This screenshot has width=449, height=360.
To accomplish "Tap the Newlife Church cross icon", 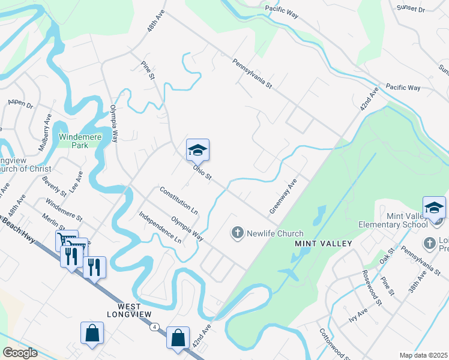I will [x=238, y=233].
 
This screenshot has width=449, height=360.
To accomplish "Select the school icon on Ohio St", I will [x=197, y=150].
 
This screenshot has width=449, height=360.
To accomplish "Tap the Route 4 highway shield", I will [x=155, y=327].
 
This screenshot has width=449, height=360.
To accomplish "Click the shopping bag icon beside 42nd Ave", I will [x=178, y=337].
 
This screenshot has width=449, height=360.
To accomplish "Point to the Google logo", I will [x=20, y=353].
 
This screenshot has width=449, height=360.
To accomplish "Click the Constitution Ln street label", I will [x=178, y=200].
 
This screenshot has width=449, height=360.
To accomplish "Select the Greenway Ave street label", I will [x=283, y=196].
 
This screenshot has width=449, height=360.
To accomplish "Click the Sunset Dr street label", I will [x=411, y=10].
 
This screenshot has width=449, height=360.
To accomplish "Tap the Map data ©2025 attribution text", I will [x=424, y=355].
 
